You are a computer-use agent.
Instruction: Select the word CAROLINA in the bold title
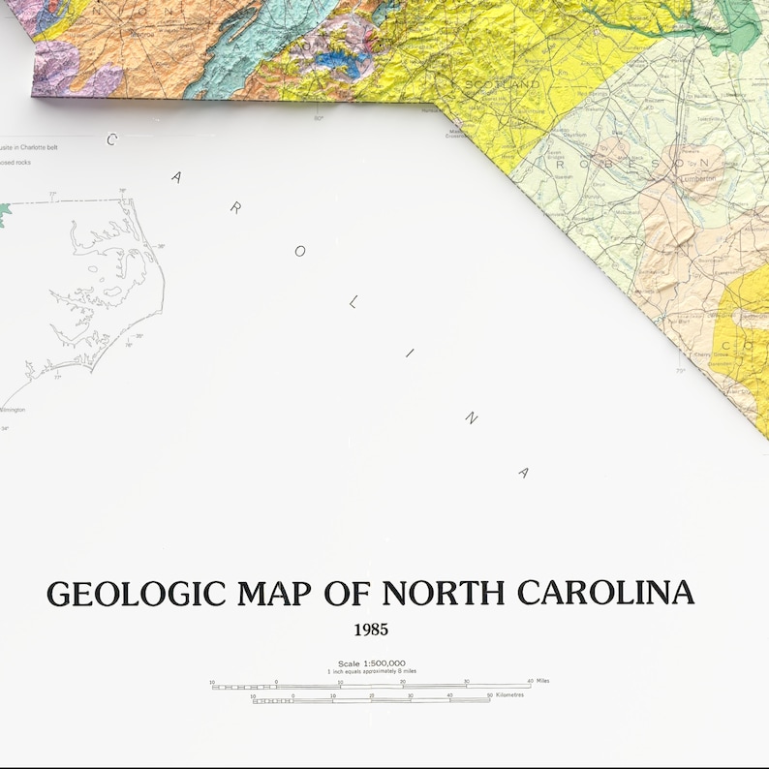(605, 593)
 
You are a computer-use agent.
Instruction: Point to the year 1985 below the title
(371, 630)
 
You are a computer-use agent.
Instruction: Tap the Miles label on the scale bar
(543, 681)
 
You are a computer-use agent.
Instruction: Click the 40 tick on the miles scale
(530, 681)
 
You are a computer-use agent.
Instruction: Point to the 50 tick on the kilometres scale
(489, 694)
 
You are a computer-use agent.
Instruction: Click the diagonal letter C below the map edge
(111, 139)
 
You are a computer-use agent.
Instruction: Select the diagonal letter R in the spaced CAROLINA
(235, 208)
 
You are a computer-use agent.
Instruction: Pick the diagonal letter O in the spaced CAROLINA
(300, 251)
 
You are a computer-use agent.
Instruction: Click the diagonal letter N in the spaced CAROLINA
(471, 417)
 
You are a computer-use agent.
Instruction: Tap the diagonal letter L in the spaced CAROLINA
(353, 302)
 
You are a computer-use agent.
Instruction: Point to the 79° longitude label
(680, 370)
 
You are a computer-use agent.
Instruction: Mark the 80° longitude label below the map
(318, 118)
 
